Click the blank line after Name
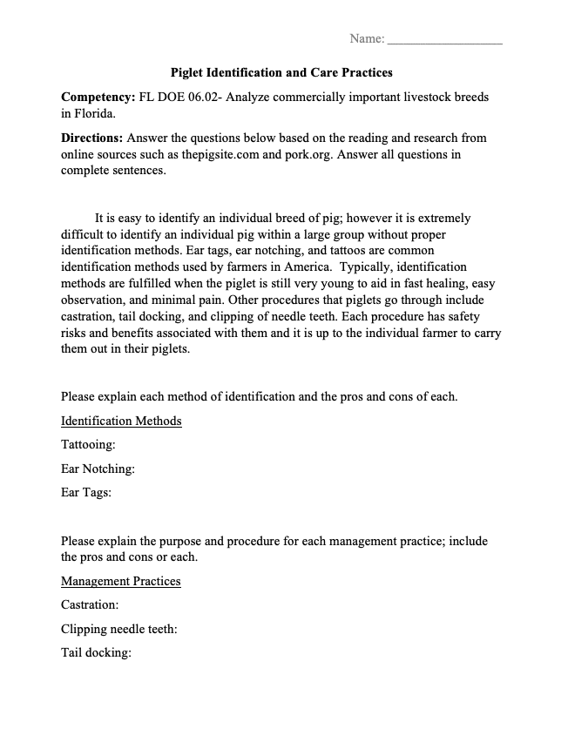click(444, 39)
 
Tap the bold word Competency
click(97, 97)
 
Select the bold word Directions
click(92, 138)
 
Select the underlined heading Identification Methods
click(121, 421)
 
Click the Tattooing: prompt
click(88, 445)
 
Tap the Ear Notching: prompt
click(98, 469)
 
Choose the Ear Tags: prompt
click(85, 492)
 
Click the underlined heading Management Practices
click(121, 580)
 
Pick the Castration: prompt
click(90, 604)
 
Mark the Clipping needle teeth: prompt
click(119, 628)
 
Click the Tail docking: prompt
click(96, 652)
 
